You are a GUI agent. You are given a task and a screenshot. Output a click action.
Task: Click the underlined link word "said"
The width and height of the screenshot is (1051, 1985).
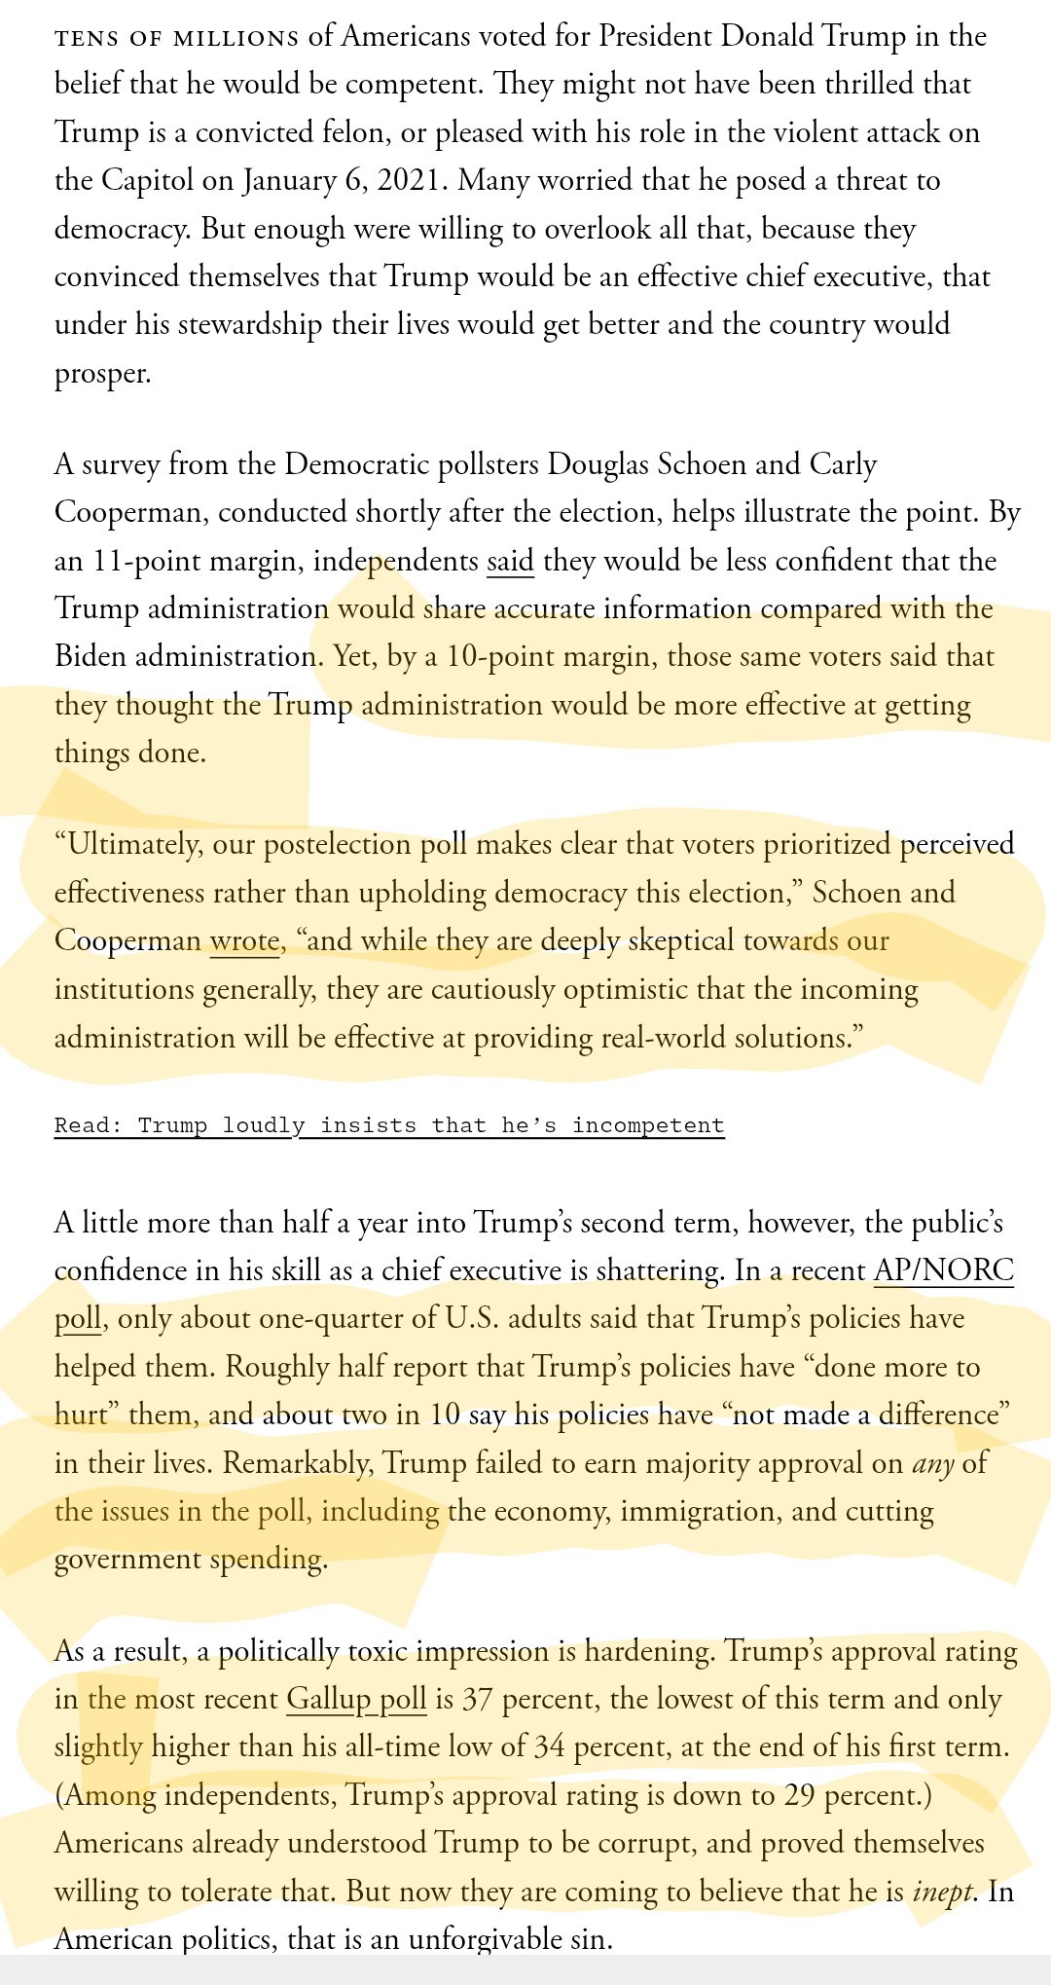(510, 562)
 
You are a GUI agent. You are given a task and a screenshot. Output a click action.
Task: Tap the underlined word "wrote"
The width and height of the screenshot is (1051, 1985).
(244, 941)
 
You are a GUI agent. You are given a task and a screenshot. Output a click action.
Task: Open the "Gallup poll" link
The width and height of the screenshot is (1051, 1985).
(356, 1699)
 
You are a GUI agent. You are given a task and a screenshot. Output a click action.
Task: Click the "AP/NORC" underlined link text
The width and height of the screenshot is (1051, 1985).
(943, 1270)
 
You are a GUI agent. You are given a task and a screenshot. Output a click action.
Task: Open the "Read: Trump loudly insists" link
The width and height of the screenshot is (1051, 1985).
(389, 1125)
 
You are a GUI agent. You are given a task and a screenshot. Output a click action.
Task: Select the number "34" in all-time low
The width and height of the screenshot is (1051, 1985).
(549, 1746)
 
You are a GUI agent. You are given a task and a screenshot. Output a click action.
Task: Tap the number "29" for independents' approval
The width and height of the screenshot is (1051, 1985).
(799, 1794)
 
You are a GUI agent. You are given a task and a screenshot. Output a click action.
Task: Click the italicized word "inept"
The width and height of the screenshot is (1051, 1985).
(943, 1891)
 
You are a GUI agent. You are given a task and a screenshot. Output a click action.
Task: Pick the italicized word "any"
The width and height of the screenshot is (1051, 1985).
(932, 1463)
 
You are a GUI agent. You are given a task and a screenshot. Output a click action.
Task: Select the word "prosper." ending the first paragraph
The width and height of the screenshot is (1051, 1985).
(103, 374)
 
